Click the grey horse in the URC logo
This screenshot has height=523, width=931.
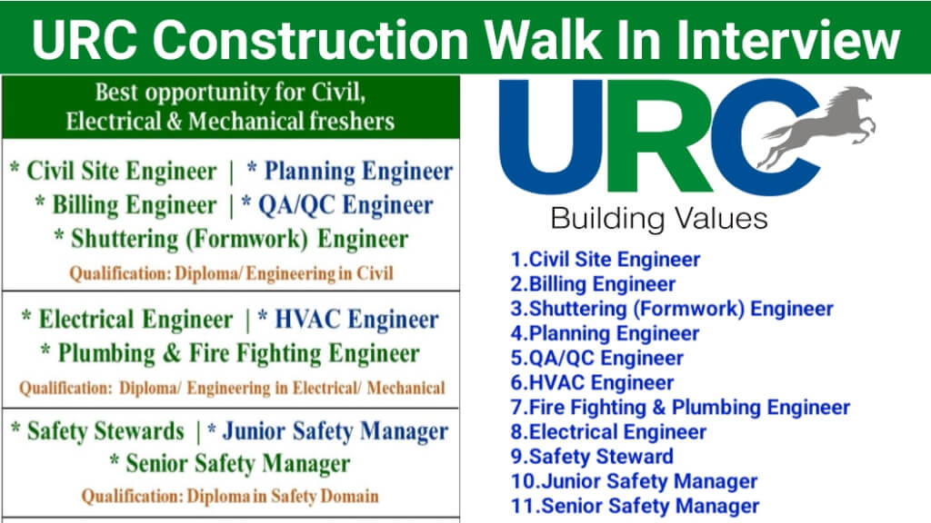click(x=819, y=123)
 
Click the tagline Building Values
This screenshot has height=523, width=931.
click(x=658, y=219)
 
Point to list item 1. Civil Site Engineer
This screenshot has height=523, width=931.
click(x=606, y=259)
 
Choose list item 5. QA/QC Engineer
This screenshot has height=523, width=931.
click(x=597, y=358)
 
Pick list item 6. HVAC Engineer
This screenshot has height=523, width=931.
click(x=593, y=382)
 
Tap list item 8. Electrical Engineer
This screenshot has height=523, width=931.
click(x=608, y=431)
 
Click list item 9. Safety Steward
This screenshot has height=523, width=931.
click(x=592, y=457)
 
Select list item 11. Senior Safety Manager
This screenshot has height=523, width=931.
click(x=635, y=506)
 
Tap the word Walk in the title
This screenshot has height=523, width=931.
click(x=542, y=40)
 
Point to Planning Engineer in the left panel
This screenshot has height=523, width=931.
click(x=350, y=172)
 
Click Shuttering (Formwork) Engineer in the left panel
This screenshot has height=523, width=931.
click(x=230, y=239)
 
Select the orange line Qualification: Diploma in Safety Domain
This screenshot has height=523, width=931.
click(x=230, y=496)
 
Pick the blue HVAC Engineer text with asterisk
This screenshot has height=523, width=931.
click(x=348, y=320)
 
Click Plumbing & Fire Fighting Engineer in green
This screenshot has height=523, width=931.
click(x=230, y=353)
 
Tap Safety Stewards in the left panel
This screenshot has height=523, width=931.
click(x=98, y=431)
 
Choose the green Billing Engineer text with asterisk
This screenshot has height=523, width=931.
click(x=125, y=205)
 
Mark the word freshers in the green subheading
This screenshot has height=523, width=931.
click(x=352, y=121)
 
